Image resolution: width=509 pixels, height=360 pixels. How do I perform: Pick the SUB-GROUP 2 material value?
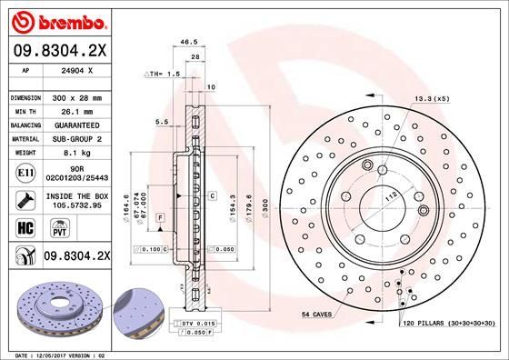(x=75, y=138)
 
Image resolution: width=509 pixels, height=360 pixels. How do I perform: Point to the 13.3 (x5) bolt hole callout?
(x=433, y=98)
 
